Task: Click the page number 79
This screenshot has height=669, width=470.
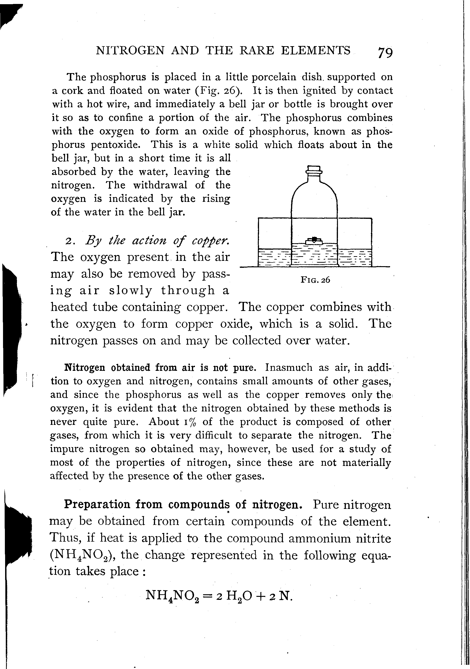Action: pyautogui.click(x=385, y=53)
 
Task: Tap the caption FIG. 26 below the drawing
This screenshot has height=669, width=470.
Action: pyautogui.click(x=315, y=280)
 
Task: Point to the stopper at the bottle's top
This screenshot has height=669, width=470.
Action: pyautogui.click(x=314, y=170)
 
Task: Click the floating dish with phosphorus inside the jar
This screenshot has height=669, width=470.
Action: pyautogui.click(x=314, y=241)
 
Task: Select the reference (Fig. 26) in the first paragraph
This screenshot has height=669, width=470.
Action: pyautogui.click(x=219, y=91)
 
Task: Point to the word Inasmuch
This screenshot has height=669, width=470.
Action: pyautogui.click(x=288, y=368)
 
